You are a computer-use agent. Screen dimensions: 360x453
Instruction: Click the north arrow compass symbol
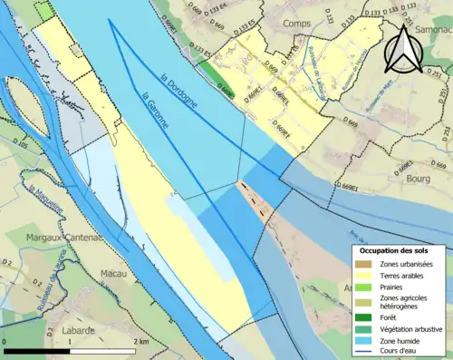coord(404,50)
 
